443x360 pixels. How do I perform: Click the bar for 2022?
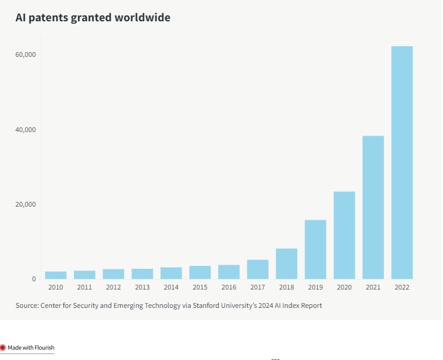tap(402, 162)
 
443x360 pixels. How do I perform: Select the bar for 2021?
tap(373, 207)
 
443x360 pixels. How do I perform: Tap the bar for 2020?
tap(344, 235)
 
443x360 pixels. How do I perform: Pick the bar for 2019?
tap(315, 249)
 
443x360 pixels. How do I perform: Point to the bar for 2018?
tap(286, 263)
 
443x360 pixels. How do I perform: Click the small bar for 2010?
tap(56, 275)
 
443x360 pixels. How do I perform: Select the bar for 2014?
tap(171, 273)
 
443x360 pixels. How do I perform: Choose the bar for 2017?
tap(257, 269)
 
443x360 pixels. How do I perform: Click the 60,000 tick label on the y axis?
tap(25, 54)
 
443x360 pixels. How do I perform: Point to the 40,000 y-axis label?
tap(25, 130)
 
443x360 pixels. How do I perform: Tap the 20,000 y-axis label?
tap(25, 204)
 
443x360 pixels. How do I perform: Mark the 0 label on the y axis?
tap(34, 279)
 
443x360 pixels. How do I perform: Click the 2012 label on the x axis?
tap(113, 287)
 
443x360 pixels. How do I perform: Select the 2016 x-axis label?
tap(228, 287)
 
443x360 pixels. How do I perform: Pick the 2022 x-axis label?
tap(402, 287)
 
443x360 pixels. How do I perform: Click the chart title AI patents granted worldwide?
tap(93, 18)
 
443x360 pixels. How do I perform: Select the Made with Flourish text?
tap(31, 348)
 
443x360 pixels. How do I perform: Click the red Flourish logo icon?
tap(3, 348)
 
